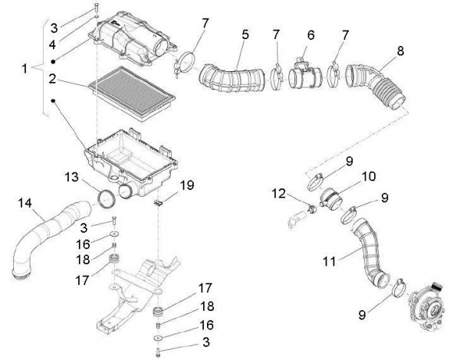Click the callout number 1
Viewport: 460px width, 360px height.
click(25, 68)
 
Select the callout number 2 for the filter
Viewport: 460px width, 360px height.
click(53, 77)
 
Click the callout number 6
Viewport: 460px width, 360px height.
click(310, 36)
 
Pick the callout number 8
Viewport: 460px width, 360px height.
click(399, 51)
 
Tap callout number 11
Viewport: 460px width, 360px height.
click(329, 261)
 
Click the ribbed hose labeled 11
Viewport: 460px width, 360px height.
click(360, 249)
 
